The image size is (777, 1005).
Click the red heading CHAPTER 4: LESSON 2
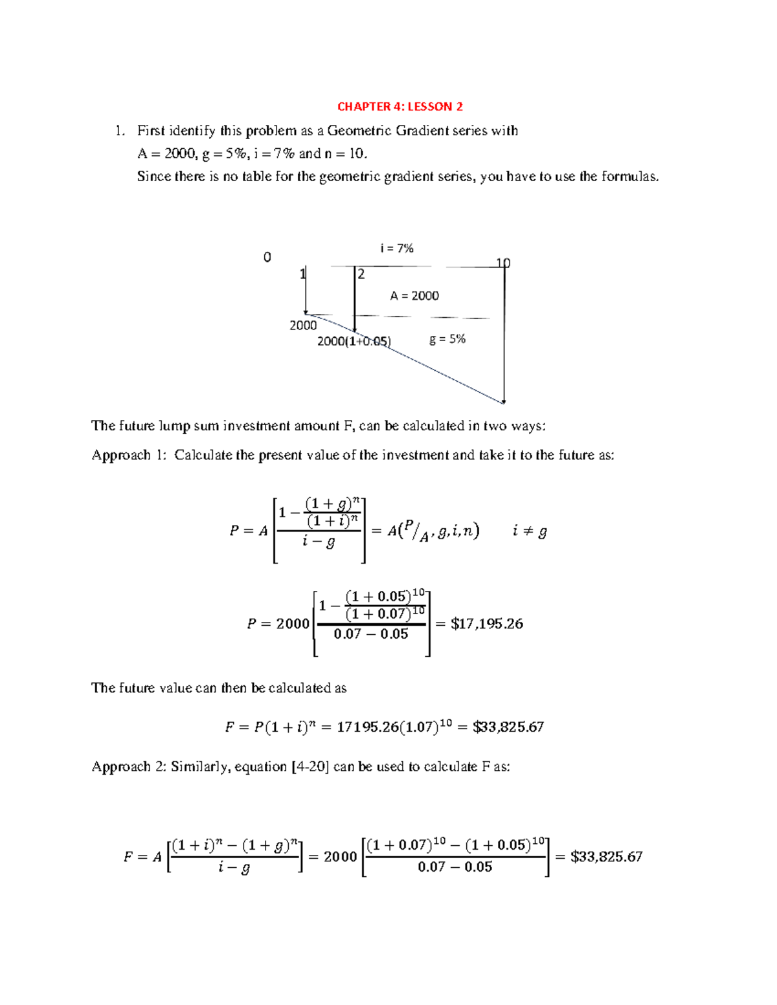point(400,107)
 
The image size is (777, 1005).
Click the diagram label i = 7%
point(396,248)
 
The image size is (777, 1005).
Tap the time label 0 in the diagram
point(267,258)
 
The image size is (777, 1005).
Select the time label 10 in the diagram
point(503,263)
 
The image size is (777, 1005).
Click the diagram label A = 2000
point(414,296)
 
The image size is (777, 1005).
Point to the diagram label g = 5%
point(447,339)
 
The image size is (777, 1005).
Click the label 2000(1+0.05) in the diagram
point(354,341)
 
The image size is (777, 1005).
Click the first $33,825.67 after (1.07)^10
point(508,727)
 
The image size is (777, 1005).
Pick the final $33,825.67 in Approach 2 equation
point(606,857)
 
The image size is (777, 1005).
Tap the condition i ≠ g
point(529,531)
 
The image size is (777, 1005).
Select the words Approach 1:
point(129,455)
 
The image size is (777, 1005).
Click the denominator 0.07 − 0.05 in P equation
point(370,634)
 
